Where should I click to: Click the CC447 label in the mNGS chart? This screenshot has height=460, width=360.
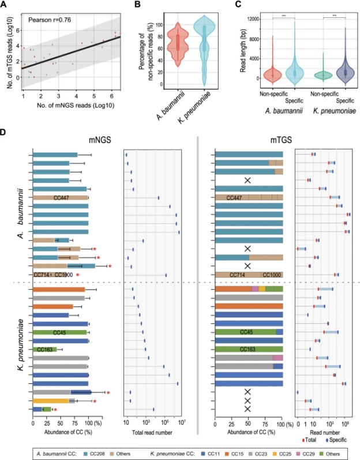coord(61,197)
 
